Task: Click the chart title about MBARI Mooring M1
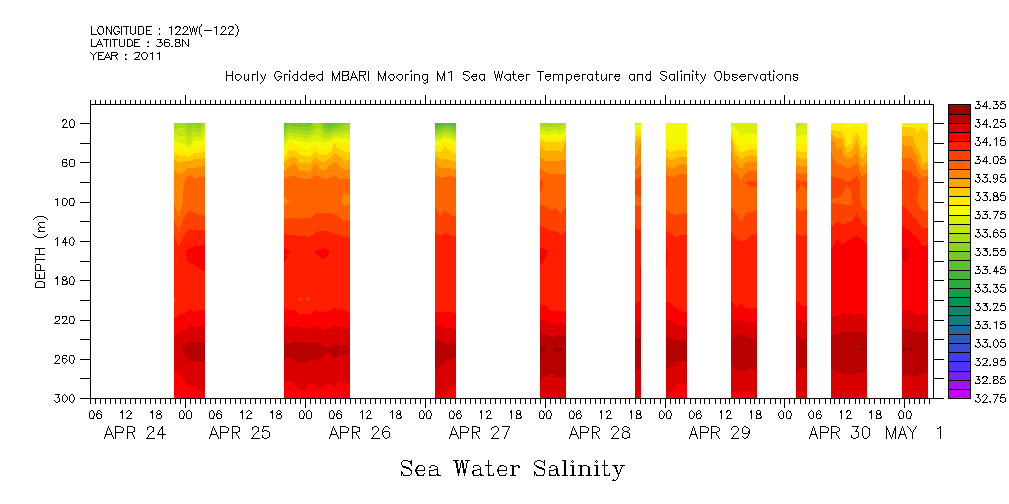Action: click(x=511, y=76)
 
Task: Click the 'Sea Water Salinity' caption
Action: click(x=512, y=468)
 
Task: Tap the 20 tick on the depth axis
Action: click(x=70, y=123)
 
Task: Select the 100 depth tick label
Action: click(x=67, y=202)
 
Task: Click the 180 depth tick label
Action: click(x=67, y=280)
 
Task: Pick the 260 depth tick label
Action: click(x=67, y=359)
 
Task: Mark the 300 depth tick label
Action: click(x=67, y=398)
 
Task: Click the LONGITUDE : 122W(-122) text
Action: click(x=164, y=31)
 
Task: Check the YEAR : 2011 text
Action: click(x=125, y=57)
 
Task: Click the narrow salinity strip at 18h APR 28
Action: click(x=637, y=260)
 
